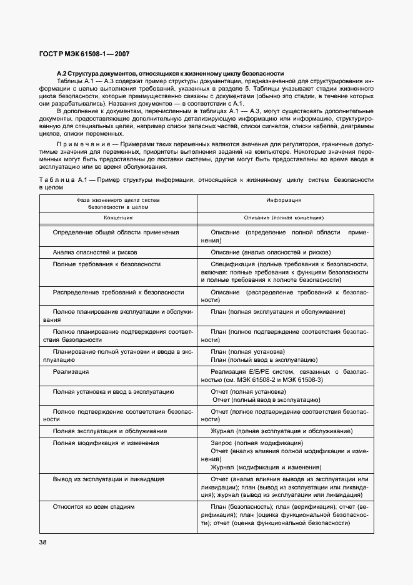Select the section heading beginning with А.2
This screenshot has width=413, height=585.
170,73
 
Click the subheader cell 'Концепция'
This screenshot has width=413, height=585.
118,217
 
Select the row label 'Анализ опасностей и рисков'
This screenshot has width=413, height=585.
95,252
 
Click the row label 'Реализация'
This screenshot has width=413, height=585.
71,371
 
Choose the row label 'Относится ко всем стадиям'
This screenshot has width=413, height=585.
93,506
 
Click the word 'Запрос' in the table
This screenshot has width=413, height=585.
222,442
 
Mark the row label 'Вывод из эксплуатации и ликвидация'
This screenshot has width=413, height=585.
108,479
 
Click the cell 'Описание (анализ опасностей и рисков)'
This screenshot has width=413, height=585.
270,252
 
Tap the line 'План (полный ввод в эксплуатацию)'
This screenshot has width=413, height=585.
264,359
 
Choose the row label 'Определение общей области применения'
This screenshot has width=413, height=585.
116,232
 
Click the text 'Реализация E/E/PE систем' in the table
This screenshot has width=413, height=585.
252,371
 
